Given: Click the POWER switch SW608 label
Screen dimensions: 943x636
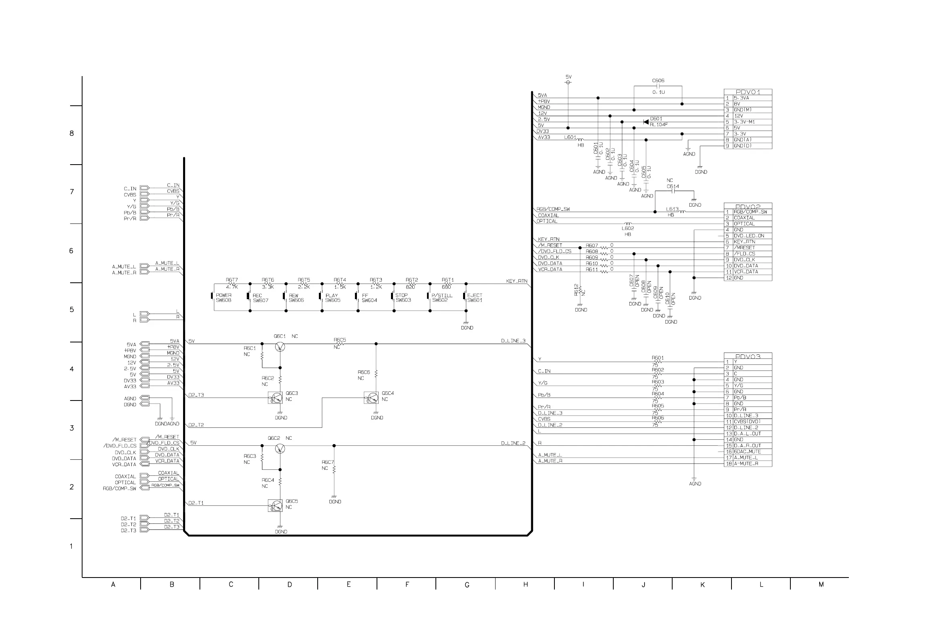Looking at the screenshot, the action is [x=224, y=298].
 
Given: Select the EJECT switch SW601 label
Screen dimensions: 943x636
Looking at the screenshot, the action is [x=475, y=298].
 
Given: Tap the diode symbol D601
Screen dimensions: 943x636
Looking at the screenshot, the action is [x=646, y=122].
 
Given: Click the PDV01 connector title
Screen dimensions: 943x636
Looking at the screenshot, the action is [x=748, y=92].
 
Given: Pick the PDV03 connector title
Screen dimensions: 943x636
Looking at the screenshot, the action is [x=748, y=356].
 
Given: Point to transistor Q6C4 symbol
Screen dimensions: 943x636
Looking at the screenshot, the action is [x=371, y=398].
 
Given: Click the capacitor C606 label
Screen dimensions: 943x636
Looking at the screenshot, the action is [x=658, y=81].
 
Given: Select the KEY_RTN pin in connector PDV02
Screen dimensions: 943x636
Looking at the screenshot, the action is [x=744, y=242].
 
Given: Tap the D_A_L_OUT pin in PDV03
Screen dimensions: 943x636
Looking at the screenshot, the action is [x=747, y=434].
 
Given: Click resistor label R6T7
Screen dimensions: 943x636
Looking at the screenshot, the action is [x=232, y=280].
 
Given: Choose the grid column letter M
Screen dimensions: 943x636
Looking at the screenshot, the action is [x=821, y=584].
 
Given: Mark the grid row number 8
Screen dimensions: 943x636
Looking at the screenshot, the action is [x=72, y=133].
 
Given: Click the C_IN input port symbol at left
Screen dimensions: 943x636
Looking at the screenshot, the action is [x=144, y=188].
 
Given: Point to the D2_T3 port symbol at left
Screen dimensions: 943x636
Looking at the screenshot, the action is [x=144, y=530].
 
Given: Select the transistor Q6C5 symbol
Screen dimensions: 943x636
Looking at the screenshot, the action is [x=275, y=505].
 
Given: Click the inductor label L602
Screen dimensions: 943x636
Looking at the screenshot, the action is [x=627, y=228].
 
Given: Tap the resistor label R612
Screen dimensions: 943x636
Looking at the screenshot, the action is [x=576, y=289].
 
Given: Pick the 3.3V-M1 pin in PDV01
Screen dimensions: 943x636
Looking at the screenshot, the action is [x=744, y=122].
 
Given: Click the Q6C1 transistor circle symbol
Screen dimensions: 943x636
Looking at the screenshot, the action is [x=280, y=347].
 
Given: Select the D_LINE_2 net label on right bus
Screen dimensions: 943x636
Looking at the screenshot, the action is [x=513, y=443].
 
